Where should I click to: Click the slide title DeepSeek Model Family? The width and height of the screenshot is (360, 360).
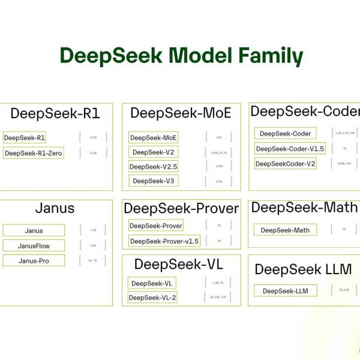(181, 56)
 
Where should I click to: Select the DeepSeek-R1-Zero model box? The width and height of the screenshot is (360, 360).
(33, 153)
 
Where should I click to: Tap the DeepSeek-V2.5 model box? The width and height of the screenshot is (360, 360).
(154, 166)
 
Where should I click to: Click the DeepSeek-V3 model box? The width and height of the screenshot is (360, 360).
(154, 181)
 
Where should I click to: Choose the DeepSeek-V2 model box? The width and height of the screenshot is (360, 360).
(154, 152)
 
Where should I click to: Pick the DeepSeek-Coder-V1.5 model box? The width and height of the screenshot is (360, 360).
(290, 148)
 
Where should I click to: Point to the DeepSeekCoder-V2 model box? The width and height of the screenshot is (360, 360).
(285, 163)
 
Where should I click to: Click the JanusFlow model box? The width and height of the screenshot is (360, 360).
(34, 245)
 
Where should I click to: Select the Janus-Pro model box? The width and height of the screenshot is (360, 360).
(34, 260)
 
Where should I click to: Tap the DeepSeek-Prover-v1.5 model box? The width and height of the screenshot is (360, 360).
(164, 241)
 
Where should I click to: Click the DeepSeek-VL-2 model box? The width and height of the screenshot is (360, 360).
(152, 297)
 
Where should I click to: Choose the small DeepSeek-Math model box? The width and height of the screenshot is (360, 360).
(284, 230)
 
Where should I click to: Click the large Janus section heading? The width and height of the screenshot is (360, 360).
(55, 208)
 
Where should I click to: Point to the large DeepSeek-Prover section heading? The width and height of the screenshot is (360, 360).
(181, 208)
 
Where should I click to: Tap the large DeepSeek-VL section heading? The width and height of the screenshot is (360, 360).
(179, 264)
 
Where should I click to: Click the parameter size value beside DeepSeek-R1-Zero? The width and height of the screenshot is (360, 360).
(93, 153)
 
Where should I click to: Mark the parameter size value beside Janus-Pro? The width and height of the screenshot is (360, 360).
(93, 260)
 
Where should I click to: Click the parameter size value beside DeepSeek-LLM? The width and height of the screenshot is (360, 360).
(344, 290)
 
